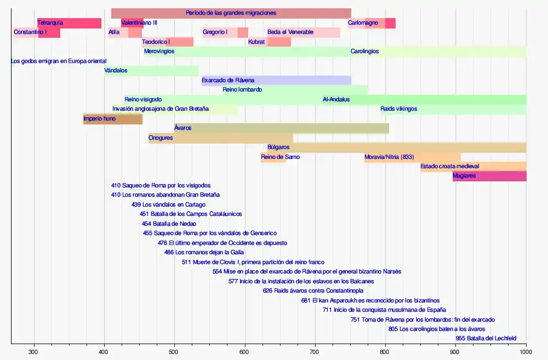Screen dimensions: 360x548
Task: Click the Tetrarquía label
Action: (x=50, y=23)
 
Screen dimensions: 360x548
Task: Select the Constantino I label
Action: (x=30, y=32)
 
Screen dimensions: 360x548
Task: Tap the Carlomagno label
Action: (x=363, y=23)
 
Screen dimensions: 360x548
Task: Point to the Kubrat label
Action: (x=256, y=42)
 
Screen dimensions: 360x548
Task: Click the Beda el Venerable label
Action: (x=290, y=32)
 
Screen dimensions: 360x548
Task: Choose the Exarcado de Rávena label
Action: (x=228, y=81)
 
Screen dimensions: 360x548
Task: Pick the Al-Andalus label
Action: (x=336, y=100)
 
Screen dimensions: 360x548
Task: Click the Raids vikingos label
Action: (x=398, y=109)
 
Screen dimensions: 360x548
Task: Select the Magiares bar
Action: (x=489, y=176)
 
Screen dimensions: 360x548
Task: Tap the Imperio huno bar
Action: (x=113, y=119)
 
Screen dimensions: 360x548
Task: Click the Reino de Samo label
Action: (x=280, y=157)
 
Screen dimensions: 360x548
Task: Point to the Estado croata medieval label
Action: (x=450, y=167)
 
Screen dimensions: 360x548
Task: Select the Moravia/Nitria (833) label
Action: (x=389, y=157)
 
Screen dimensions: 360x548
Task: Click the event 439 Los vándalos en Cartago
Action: (x=168, y=204)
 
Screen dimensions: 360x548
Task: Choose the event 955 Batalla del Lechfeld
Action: (x=486, y=339)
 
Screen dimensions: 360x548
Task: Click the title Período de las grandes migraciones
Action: (x=231, y=13)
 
